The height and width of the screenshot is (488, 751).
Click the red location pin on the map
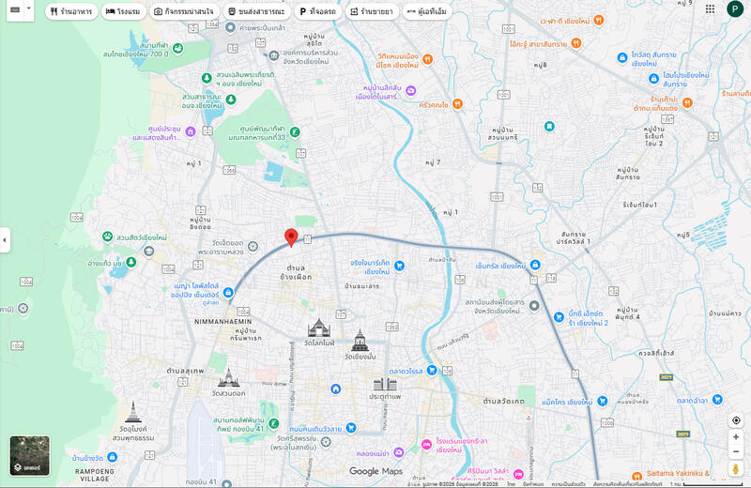[x=291, y=236]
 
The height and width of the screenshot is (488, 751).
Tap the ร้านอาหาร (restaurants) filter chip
[x=70, y=12]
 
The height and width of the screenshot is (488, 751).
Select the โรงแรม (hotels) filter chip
[x=122, y=12]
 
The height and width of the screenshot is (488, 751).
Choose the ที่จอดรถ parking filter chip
[x=317, y=12]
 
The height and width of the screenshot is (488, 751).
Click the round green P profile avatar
[x=735, y=9]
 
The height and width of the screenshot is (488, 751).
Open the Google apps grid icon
[x=709, y=9]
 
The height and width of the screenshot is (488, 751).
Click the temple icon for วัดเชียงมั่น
[x=360, y=340]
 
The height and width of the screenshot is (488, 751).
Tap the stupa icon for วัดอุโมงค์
[x=134, y=412]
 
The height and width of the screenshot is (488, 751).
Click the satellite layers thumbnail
[x=29, y=455]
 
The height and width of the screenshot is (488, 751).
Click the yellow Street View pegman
[x=736, y=467]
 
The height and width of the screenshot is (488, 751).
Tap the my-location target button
[x=736, y=420]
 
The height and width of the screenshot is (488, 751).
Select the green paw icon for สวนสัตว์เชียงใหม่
[x=108, y=236]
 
